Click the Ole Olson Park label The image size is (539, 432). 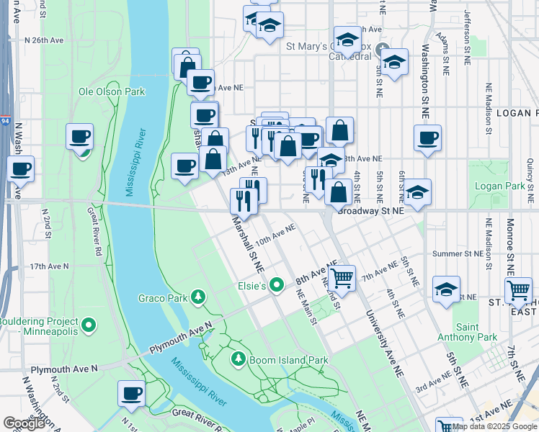(x=112, y=91)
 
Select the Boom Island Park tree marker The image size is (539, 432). (x=239, y=359)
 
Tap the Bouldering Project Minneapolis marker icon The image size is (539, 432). (x=89, y=326)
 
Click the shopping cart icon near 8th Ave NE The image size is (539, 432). (x=342, y=277)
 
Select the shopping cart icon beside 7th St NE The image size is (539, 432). (x=518, y=290)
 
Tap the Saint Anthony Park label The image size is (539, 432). (x=468, y=332)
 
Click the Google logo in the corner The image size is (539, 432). (x=24, y=423)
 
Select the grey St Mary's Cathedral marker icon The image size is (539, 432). (x=384, y=57)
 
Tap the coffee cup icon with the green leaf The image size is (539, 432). (x=80, y=137)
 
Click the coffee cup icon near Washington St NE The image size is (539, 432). (x=428, y=138)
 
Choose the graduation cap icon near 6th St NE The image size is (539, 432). (x=417, y=192)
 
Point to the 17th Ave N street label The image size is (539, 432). (x=49, y=266)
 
